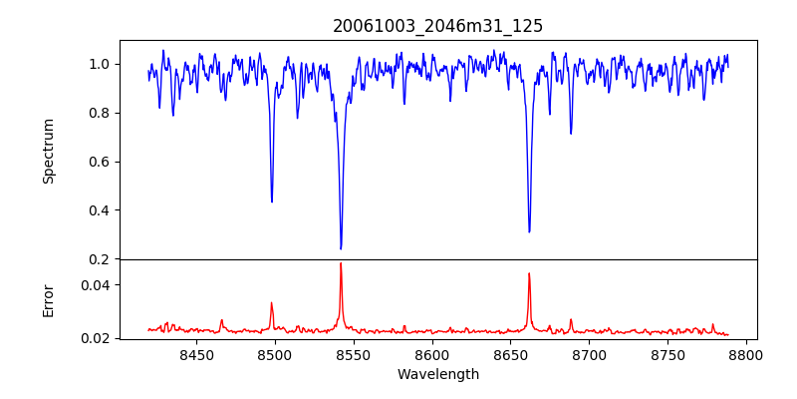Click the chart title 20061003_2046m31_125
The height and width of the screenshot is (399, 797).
(437, 26)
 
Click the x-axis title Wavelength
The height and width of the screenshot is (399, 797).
(437, 374)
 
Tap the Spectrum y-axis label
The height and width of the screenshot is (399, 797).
(48, 151)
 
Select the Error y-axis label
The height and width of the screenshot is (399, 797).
(48, 299)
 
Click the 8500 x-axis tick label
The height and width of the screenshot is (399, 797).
(275, 353)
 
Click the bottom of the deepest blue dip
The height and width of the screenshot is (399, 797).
(341, 248)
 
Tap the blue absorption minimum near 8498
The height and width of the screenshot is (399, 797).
(272, 201)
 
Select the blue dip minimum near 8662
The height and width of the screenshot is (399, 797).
(529, 231)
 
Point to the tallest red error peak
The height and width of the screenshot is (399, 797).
(341, 263)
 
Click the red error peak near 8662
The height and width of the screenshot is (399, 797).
(529, 273)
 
